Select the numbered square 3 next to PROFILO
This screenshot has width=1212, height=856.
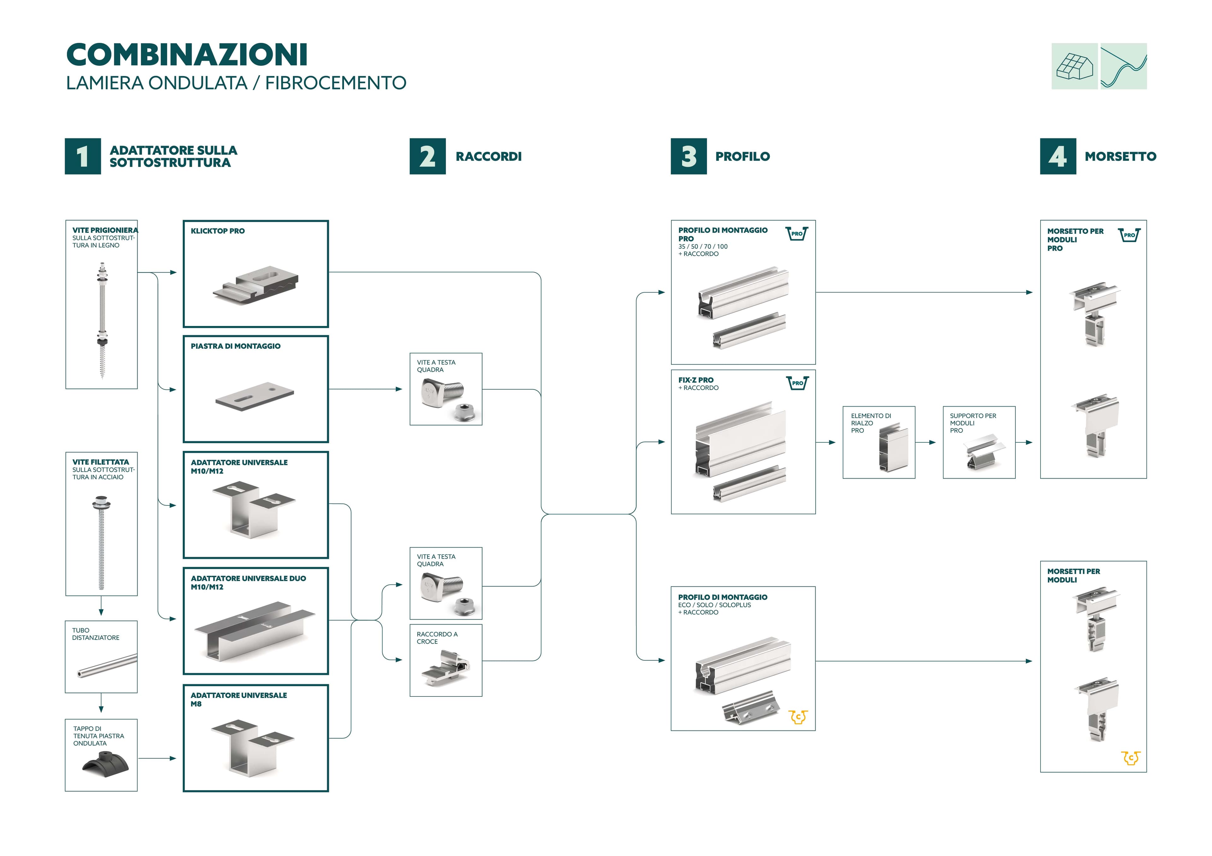pyautogui.click(x=688, y=156)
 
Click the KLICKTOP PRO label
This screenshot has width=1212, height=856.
pyautogui.click(x=217, y=231)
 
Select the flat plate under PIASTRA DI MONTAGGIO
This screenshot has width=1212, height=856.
pyautogui.click(x=254, y=396)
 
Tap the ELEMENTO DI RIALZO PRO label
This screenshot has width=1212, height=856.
pyautogui.click(x=870, y=423)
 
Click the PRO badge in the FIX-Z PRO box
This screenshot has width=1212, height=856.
pyautogui.click(x=797, y=383)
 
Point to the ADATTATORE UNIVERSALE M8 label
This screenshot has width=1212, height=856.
pyautogui.click(x=239, y=699)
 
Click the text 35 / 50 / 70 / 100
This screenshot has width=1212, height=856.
pyautogui.click(x=703, y=246)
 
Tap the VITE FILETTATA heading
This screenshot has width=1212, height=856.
pyautogui.click(x=100, y=462)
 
